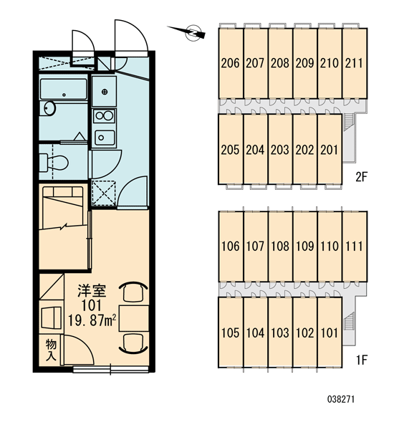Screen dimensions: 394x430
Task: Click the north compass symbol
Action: point(192,32)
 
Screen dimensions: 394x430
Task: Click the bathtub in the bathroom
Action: point(63,89)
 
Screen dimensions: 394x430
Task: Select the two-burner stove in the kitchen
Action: point(104,115)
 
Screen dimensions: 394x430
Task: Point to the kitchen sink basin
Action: point(105,138)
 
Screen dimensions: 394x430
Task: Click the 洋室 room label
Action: point(92,291)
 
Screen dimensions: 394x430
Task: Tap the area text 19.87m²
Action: point(92,320)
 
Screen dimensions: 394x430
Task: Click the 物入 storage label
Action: point(51,350)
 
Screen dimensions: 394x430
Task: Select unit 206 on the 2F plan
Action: point(231,63)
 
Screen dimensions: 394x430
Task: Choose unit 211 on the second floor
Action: point(355,63)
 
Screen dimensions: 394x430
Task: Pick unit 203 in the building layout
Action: point(280,150)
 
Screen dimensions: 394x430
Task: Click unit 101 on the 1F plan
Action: point(330,333)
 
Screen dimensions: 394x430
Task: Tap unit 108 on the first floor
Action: point(280,246)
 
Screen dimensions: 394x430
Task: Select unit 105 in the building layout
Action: point(231,333)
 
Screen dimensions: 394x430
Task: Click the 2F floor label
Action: point(361,177)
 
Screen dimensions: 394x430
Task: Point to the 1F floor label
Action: point(362,359)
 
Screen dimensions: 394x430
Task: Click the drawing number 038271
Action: point(341,399)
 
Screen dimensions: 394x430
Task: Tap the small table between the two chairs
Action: point(134,318)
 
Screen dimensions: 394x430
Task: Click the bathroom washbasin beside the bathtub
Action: point(49,108)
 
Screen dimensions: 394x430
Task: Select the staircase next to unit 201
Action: point(347,121)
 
